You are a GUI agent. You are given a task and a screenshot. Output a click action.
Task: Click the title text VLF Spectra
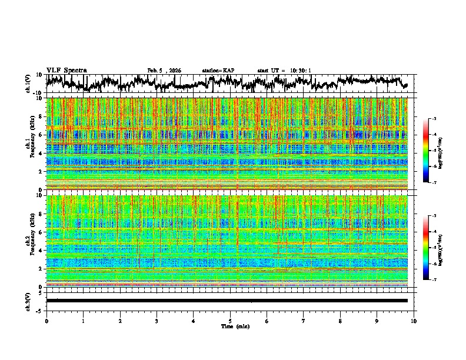click(x=66, y=71)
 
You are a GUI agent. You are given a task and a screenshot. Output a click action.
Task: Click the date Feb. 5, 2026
click(x=164, y=71)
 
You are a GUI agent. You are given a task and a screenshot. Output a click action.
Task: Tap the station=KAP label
click(x=218, y=71)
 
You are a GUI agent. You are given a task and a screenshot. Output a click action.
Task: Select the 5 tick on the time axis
click(x=230, y=321)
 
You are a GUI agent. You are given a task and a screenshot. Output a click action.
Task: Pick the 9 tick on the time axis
click(x=377, y=321)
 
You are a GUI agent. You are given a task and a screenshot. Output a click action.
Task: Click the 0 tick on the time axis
click(x=46, y=321)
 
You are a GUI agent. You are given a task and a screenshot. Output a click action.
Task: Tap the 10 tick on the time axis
click(x=414, y=321)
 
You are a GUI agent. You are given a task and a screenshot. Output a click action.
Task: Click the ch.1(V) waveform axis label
click(x=28, y=84)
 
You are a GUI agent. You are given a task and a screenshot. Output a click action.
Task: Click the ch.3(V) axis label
click(x=28, y=301)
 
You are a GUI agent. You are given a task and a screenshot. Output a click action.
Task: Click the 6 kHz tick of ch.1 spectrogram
click(x=41, y=135)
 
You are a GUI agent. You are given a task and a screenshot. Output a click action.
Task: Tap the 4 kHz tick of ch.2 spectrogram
click(x=41, y=251)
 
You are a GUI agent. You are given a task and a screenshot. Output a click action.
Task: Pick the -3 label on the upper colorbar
click(x=433, y=119)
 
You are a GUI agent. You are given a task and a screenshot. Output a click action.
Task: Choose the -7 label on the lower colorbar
click(x=433, y=280)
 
